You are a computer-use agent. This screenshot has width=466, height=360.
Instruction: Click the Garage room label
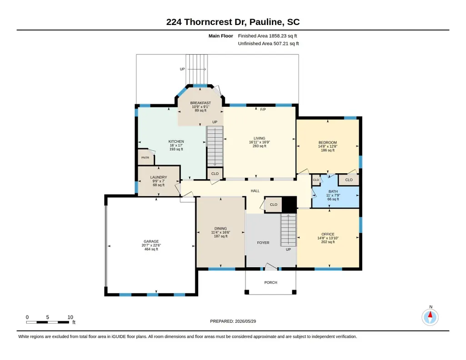pyautogui.click(x=151, y=241)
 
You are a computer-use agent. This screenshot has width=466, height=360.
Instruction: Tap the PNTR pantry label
pyautogui.click(x=145, y=158)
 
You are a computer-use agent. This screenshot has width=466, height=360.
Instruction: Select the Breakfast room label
pyautogui.click(x=200, y=103)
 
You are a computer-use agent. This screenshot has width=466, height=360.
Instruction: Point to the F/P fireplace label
pyautogui.click(x=263, y=110)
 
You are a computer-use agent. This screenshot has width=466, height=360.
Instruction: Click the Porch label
pyautogui.click(x=271, y=282)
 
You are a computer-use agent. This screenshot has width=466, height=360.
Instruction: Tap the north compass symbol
pyautogui.click(x=430, y=317)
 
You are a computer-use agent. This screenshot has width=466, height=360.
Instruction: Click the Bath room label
pyautogui.click(x=333, y=191)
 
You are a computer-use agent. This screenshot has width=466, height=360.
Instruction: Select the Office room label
pyautogui.click(x=328, y=235)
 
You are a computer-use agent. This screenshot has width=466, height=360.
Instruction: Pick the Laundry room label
pyautogui.click(x=158, y=177)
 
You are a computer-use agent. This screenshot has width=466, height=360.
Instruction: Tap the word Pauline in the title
pyautogui.click(x=266, y=22)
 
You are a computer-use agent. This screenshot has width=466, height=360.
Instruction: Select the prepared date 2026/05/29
pyautogui.click(x=246, y=321)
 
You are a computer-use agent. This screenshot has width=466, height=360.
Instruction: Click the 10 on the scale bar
pyautogui.click(x=70, y=317)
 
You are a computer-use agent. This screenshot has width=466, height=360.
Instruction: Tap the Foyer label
pyautogui.click(x=263, y=243)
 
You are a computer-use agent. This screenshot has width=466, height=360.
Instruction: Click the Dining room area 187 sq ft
pyautogui.click(x=220, y=236)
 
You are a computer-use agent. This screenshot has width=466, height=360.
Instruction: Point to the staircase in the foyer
pyautogui.click(x=289, y=230)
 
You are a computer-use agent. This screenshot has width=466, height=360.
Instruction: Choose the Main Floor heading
pyautogui.click(x=221, y=36)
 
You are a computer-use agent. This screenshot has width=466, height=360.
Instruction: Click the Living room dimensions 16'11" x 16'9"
pyautogui.click(x=260, y=142)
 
